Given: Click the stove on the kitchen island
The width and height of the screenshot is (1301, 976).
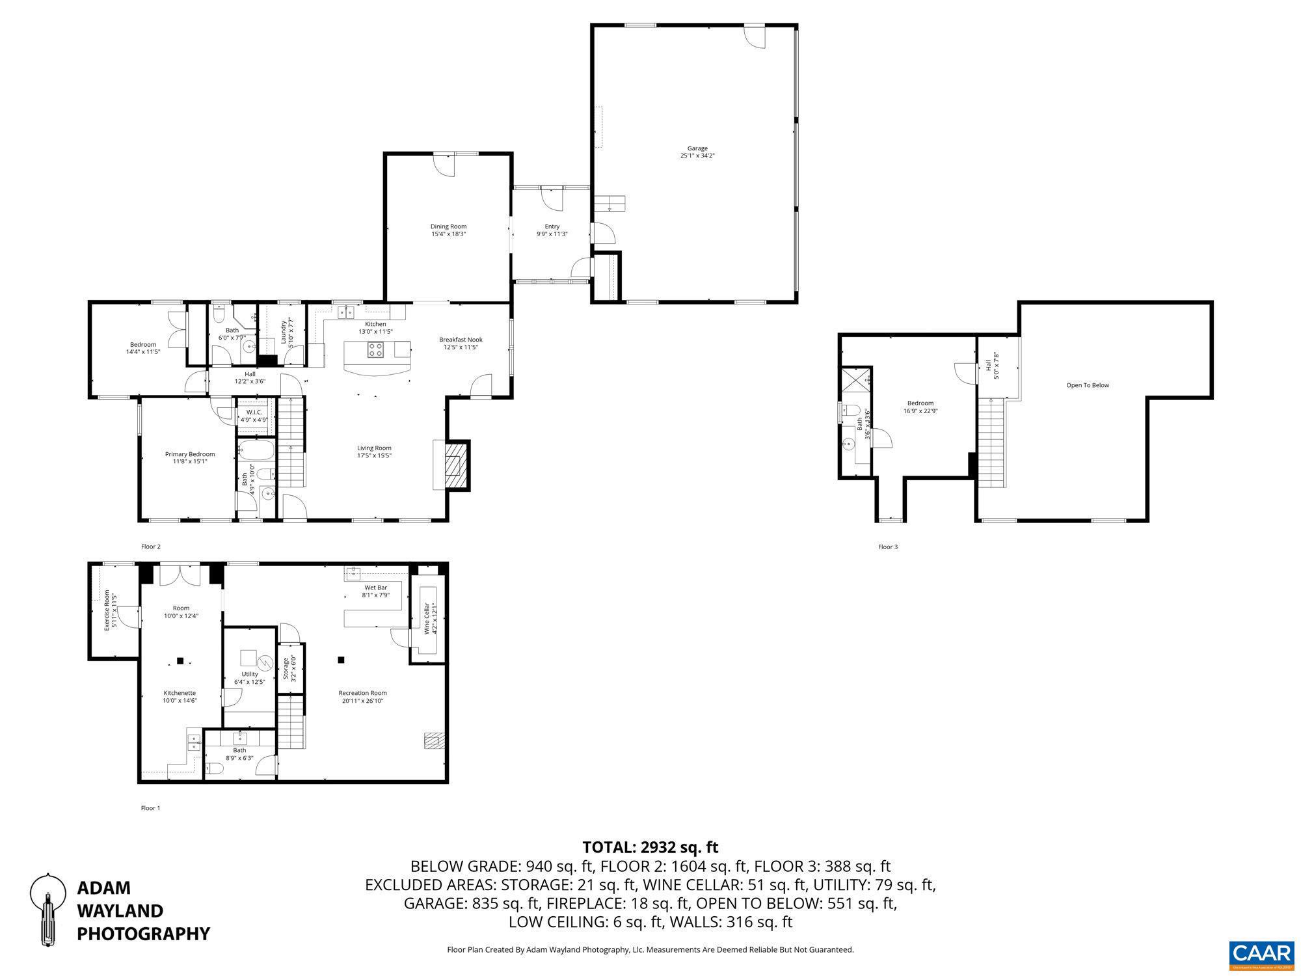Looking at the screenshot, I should pyautogui.click(x=376, y=350).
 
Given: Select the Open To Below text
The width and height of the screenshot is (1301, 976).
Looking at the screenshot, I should pyautogui.click(x=1088, y=385).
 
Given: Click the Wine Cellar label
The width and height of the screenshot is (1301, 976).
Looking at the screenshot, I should pyautogui.click(x=427, y=618).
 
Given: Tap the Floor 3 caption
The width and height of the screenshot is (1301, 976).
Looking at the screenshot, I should pyautogui.click(x=887, y=547).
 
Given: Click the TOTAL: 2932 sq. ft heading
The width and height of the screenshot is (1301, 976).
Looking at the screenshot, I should pyautogui.click(x=650, y=847).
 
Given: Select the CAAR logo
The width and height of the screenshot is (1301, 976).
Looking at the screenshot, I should pyautogui.click(x=1261, y=954).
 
